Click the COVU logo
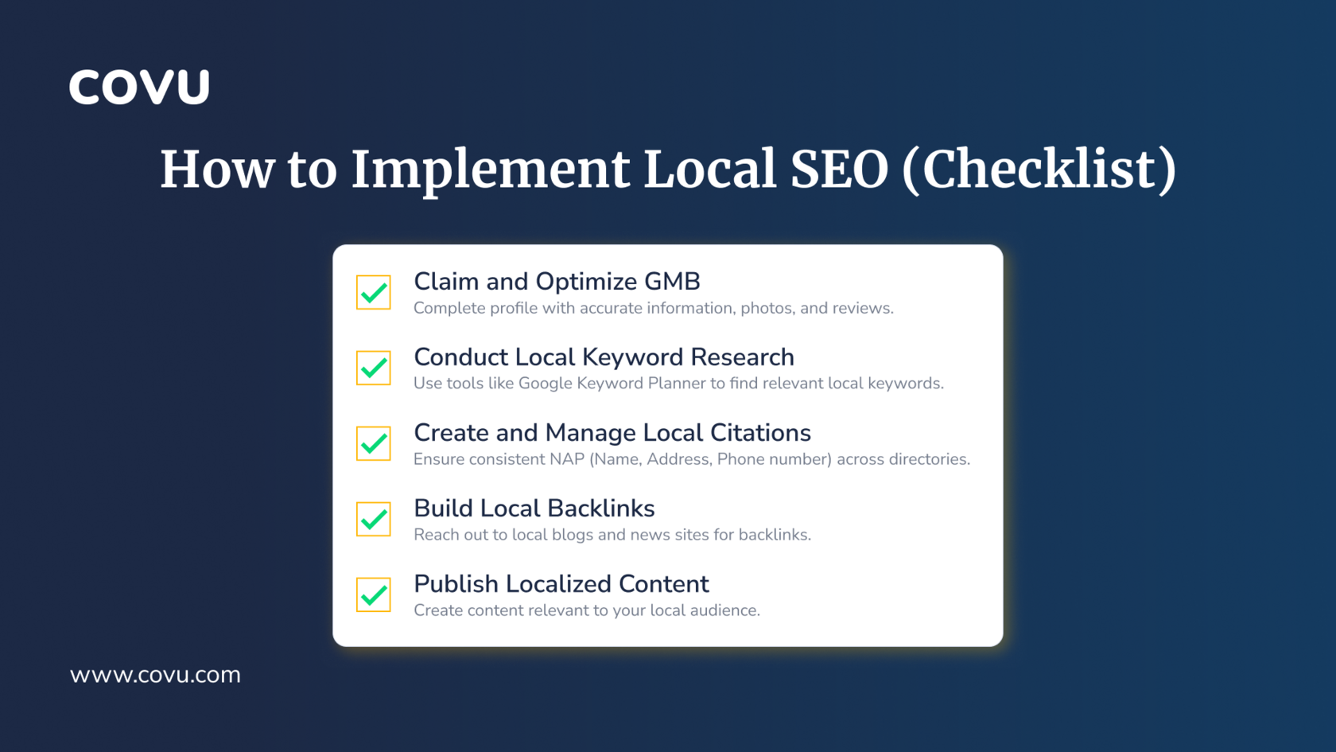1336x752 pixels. point(139,88)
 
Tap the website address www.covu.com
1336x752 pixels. point(155,675)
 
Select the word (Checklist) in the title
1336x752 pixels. point(1039,170)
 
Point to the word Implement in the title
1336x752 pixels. point(490,170)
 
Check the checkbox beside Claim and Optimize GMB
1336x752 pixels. point(374,293)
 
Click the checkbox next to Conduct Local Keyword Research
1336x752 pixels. point(374,368)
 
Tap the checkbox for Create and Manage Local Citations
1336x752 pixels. point(374,443)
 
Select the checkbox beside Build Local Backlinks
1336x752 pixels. point(374,519)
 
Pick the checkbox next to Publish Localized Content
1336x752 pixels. point(374,594)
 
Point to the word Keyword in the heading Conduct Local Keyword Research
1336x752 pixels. point(632,357)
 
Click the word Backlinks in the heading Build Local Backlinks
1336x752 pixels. point(601,508)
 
